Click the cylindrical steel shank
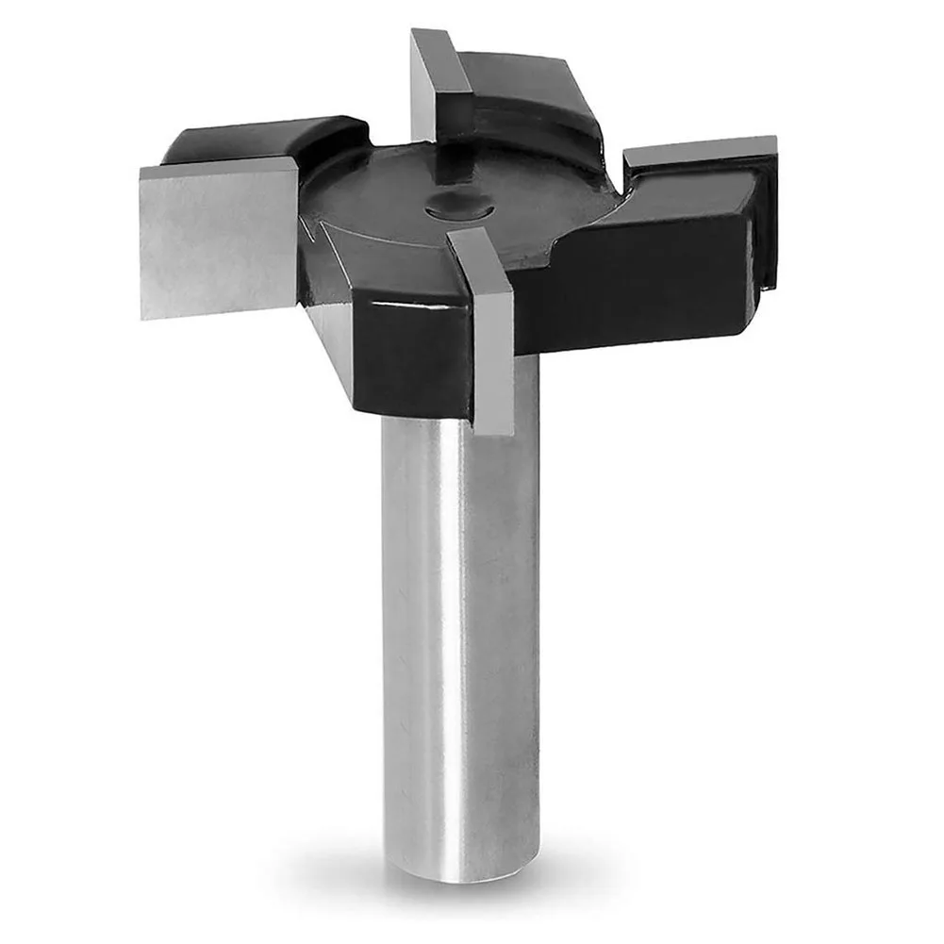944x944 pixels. coord(459,613)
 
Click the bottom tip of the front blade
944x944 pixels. coord(494,429)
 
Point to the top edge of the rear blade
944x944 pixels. coord(434,38)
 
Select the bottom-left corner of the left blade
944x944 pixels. coord(143,315)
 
